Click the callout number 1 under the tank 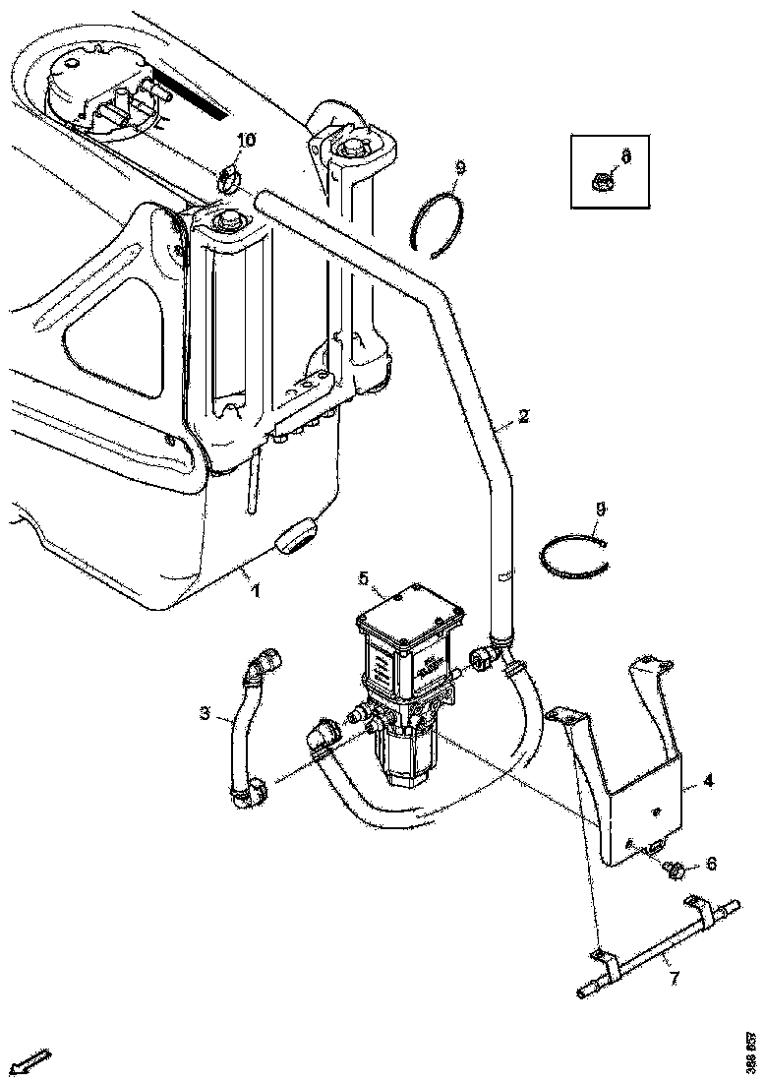tap(257, 591)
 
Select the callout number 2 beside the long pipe tap(524, 416)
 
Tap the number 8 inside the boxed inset tap(625, 154)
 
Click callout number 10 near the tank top tap(245, 140)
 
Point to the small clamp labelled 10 tap(228, 178)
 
